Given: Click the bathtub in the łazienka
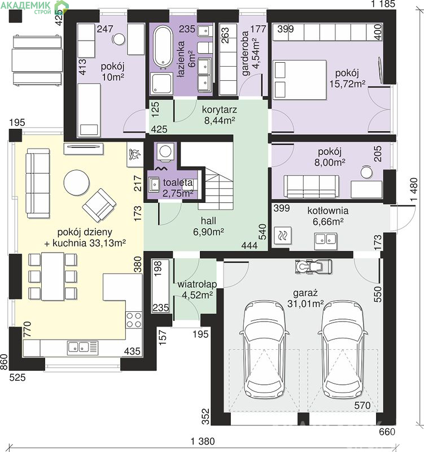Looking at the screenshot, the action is click(x=163, y=47).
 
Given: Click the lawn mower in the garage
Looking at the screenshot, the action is click(x=313, y=266).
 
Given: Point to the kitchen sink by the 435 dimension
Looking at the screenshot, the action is click(x=82, y=347).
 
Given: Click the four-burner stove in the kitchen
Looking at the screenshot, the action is click(x=134, y=320).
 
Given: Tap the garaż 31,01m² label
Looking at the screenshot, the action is click(x=305, y=298).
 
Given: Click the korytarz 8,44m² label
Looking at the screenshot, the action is click(x=220, y=115).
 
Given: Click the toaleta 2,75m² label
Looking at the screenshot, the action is click(x=178, y=188).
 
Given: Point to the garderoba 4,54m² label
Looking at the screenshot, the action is click(x=251, y=53).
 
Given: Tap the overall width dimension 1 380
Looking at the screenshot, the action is click(x=203, y=441).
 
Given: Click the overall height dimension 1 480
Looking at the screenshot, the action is click(x=414, y=189).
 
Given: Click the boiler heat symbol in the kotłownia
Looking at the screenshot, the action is click(x=282, y=236).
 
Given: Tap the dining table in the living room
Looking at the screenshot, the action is click(x=53, y=276).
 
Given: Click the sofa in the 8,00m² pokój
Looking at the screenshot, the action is click(x=311, y=186).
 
